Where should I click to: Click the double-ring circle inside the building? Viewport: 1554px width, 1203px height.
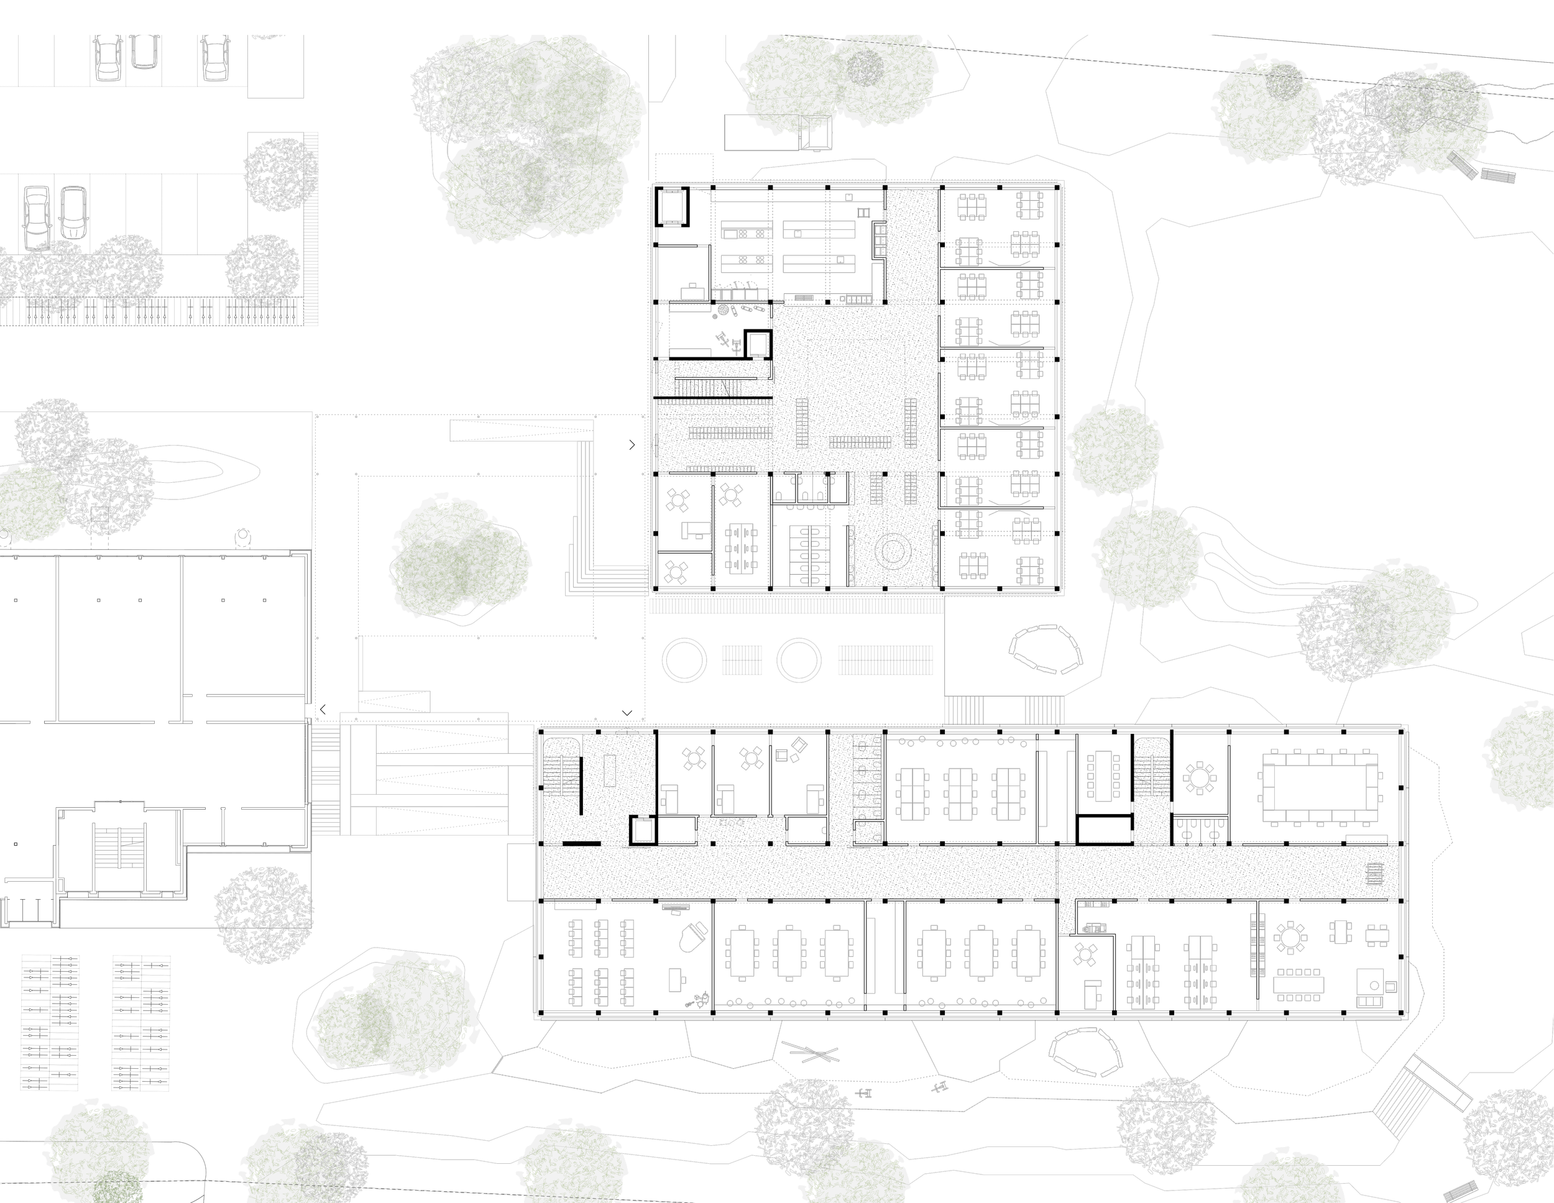pyautogui.click(x=893, y=551)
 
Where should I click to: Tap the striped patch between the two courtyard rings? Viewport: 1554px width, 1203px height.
pyautogui.click(x=742, y=659)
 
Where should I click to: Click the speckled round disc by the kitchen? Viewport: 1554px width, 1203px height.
pyautogui.click(x=723, y=310)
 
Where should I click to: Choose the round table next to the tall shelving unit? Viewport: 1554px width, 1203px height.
pyautogui.click(x=1289, y=938)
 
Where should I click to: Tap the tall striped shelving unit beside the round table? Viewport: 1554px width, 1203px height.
pyautogui.click(x=1257, y=945)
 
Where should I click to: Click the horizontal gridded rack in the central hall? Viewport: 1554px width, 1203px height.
pyautogui.click(x=860, y=442)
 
